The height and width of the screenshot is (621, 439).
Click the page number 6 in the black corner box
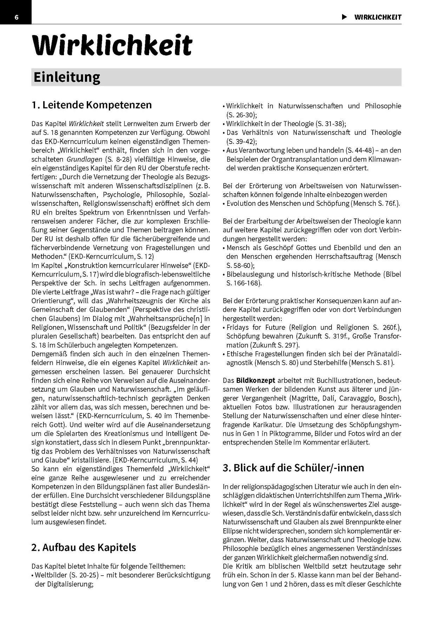(x=16, y=18)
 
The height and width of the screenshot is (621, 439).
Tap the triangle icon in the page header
(x=345, y=17)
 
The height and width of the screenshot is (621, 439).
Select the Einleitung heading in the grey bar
(x=67, y=77)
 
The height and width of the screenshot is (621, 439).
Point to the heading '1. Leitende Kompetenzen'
(x=92, y=105)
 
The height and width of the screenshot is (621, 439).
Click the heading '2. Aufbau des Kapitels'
(x=84, y=547)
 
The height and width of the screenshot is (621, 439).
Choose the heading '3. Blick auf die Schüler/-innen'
(x=293, y=468)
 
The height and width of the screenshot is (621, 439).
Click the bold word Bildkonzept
(x=256, y=380)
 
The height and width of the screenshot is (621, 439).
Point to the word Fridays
(x=238, y=327)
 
